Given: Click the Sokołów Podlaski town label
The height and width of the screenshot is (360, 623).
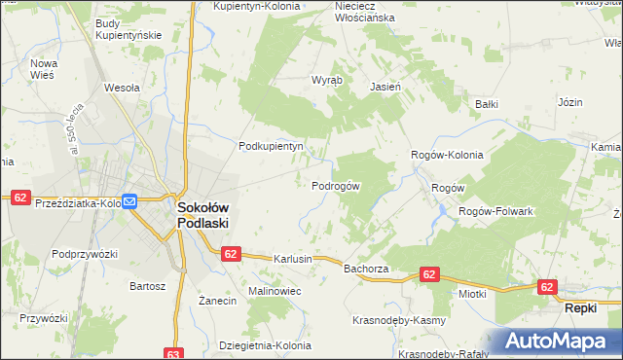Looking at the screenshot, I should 202,214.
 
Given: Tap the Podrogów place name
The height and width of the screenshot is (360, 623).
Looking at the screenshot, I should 337,186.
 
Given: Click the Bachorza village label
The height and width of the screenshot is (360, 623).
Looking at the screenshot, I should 366,268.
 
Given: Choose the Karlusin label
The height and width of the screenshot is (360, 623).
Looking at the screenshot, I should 293,260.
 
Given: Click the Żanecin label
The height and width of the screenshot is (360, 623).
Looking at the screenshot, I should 218,302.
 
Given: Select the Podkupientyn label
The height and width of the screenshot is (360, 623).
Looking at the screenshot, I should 273,147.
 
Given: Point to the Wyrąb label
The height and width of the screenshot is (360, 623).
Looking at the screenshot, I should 326,80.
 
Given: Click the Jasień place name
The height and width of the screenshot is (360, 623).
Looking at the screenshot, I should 386,86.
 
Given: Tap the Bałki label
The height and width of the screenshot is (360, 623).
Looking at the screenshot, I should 486,103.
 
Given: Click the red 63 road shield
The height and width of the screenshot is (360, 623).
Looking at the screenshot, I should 174,354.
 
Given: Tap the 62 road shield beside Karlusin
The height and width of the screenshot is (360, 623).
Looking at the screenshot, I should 230,254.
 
